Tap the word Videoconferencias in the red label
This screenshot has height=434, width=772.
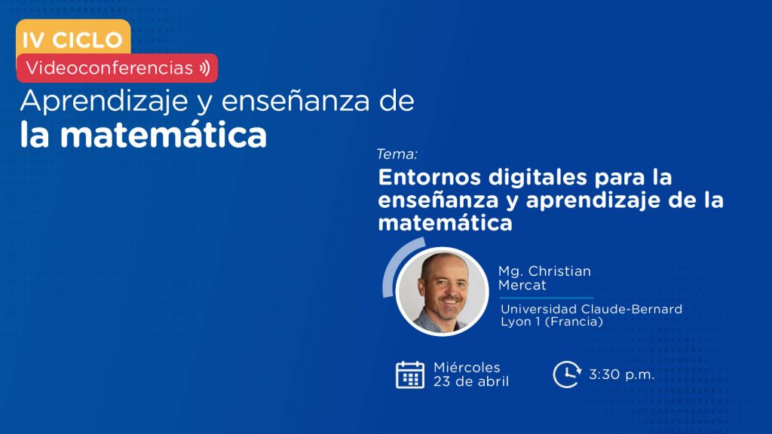(x=109, y=68)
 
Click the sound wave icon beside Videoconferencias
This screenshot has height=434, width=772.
(x=205, y=68)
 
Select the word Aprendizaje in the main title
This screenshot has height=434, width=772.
(x=104, y=102)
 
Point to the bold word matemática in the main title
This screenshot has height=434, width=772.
(x=164, y=135)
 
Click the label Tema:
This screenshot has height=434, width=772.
(x=397, y=154)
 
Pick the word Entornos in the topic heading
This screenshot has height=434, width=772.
(x=429, y=177)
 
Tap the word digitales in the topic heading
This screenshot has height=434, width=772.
(x=538, y=178)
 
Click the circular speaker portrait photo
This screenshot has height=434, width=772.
(x=442, y=292)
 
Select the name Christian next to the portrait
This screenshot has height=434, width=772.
(x=559, y=271)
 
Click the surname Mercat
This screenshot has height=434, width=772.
(x=522, y=285)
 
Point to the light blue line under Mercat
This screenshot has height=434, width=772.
(x=547, y=298)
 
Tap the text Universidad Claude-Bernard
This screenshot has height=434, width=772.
(x=591, y=309)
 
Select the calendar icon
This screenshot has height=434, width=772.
(x=410, y=374)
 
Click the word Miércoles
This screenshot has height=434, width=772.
(x=467, y=367)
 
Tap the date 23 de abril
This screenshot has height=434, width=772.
(x=471, y=381)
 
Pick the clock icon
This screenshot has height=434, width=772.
(x=567, y=374)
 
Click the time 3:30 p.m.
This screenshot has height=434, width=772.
(x=621, y=374)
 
